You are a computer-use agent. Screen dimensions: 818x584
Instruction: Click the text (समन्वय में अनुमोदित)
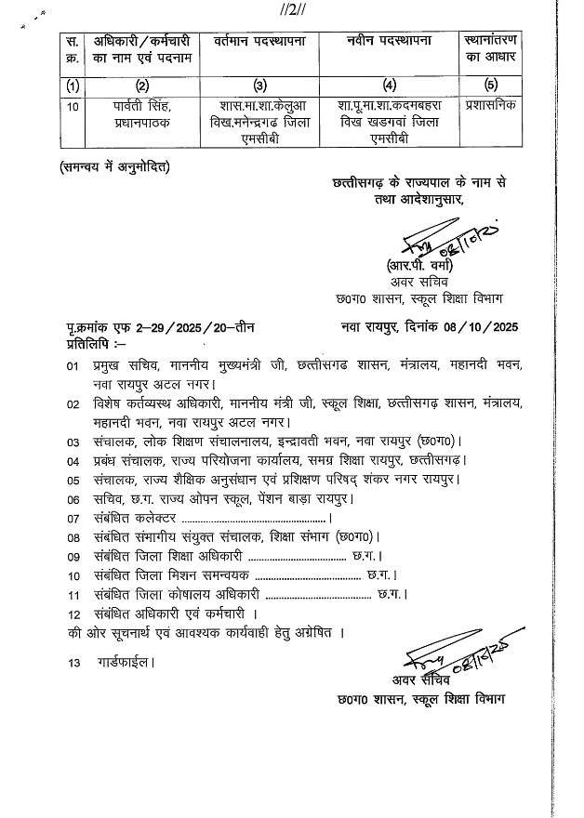click(x=113, y=167)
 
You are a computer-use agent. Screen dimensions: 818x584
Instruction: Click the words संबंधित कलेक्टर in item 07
click(x=135, y=517)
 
